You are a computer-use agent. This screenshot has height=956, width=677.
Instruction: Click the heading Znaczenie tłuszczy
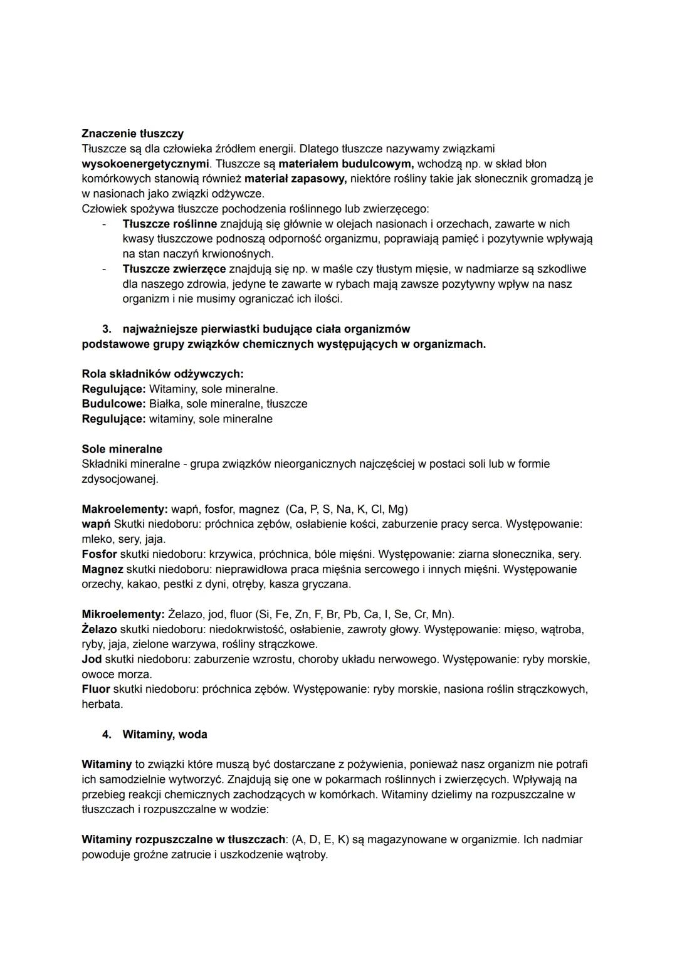pos(132,134)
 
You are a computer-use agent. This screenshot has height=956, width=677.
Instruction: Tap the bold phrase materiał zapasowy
pos(295,179)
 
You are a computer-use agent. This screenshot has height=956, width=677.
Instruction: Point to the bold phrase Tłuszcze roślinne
pos(170,224)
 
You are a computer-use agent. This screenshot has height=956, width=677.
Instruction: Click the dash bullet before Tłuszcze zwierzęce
pos(104,269)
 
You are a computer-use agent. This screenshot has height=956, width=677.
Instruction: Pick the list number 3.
pos(107,329)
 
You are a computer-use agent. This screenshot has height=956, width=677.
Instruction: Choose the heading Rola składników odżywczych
pos(162,374)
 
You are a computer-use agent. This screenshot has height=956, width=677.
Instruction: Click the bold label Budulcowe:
pos(113,404)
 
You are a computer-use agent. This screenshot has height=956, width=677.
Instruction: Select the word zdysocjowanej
pos(120,480)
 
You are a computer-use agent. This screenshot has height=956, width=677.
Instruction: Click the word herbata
pos(102,705)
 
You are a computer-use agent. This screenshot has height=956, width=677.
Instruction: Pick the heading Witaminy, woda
pos(165,735)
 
